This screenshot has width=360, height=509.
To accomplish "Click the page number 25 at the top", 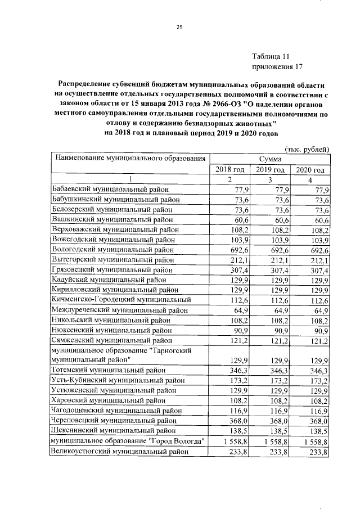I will coord(180,27).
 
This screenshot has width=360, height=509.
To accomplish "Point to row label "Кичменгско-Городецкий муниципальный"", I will coord(121,299).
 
